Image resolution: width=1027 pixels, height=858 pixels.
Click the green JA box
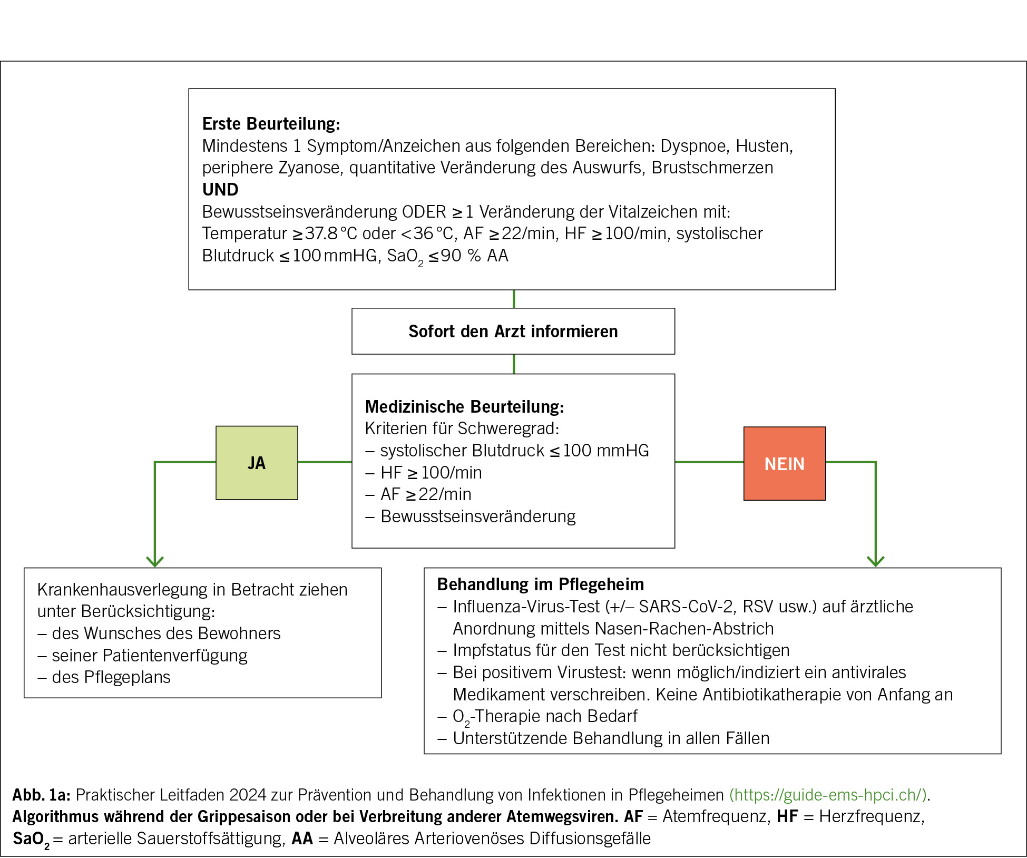pyautogui.click(x=257, y=463)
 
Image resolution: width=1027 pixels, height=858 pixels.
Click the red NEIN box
pyautogui.click(x=784, y=464)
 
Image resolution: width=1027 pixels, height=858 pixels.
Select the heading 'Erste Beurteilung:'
pyautogui.click(x=271, y=124)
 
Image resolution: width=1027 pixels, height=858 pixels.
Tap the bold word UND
pyautogui.click(x=220, y=190)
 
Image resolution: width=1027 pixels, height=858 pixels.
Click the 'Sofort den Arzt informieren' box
pyautogui.click(x=513, y=331)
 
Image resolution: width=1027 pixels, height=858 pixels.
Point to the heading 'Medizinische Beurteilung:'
pyautogui.click(x=464, y=407)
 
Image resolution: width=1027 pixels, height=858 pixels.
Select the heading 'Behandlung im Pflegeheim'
pyautogui.click(x=540, y=584)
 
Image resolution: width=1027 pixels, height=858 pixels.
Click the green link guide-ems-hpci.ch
pyautogui.click(x=828, y=795)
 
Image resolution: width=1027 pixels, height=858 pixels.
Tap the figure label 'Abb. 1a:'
pyautogui.click(x=42, y=795)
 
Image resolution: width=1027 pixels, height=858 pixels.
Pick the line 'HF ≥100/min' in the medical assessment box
pyautogui.click(x=431, y=473)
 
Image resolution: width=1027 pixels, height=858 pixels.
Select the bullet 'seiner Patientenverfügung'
pyautogui.click(x=149, y=656)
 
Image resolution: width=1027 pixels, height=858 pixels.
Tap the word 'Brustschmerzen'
pyautogui.click(x=712, y=168)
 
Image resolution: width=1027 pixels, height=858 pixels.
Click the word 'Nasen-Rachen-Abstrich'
pyautogui.click(x=683, y=629)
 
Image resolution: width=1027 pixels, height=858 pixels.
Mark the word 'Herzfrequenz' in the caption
pyautogui.click(x=870, y=816)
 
